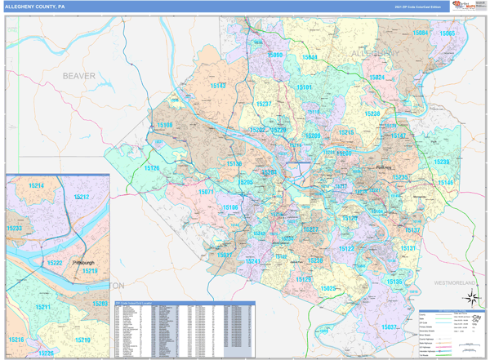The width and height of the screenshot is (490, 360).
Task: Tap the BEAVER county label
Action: pyautogui.click(x=79, y=76)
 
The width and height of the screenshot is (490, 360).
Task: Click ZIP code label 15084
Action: pyautogui.click(x=421, y=33)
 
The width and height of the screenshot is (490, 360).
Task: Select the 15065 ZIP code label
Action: pyautogui.click(x=447, y=33)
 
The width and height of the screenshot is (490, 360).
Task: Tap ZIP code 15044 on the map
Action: pyautogui.click(x=310, y=58)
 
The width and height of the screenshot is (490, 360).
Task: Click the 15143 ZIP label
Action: pyautogui.click(x=219, y=86)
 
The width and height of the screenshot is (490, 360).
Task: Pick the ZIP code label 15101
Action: pyautogui.click(x=305, y=87)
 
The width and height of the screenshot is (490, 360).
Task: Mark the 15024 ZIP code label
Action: pyautogui.click(x=376, y=78)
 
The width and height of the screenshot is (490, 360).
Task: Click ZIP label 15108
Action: pyautogui.click(x=165, y=125)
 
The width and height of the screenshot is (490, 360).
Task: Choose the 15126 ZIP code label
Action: pyautogui.click(x=152, y=168)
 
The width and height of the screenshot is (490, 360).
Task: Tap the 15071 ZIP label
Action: pyautogui.click(x=206, y=192)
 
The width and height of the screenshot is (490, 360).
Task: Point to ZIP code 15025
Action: pyautogui.click(x=328, y=288)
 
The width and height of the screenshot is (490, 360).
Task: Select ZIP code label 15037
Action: pyautogui.click(x=389, y=327)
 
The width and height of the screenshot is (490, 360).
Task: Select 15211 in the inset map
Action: pyautogui.click(x=42, y=307)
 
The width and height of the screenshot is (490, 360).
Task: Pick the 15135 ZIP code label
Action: pyautogui.click(x=394, y=282)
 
